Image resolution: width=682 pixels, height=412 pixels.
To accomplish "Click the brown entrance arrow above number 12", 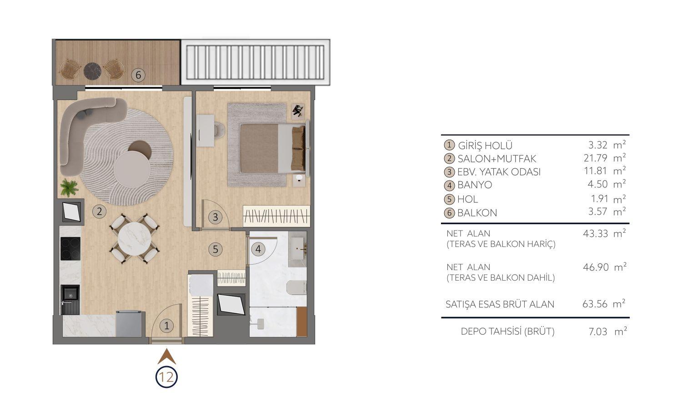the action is [166, 357].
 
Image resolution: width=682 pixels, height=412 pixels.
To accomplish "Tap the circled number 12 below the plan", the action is [166, 377].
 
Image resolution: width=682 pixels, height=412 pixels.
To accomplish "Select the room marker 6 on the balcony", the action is [138, 75].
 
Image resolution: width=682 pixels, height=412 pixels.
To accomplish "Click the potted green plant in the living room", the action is [69, 187].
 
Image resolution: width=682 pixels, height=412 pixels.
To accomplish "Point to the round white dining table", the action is [134, 238].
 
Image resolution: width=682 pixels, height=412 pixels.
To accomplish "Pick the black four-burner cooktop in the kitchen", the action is [70, 249].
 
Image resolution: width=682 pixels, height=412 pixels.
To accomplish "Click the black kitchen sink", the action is [70, 300].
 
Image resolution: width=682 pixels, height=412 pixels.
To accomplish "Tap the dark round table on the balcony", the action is [92, 71].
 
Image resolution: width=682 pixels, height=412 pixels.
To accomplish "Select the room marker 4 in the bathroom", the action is [258, 249].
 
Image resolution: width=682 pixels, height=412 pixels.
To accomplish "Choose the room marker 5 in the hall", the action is [215, 249].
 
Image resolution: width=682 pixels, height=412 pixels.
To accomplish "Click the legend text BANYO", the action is [475, 185].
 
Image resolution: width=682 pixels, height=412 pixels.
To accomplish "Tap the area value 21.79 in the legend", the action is [596, 158].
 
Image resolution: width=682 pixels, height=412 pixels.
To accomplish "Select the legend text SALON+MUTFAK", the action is [497, 159].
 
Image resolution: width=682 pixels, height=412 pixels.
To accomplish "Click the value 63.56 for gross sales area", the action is [595, 304].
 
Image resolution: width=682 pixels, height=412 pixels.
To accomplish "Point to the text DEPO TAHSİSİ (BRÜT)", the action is [508, 332].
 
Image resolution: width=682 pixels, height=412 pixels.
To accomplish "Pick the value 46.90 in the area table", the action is [596, 267].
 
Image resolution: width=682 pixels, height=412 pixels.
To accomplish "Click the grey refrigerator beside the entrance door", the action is [129, 323].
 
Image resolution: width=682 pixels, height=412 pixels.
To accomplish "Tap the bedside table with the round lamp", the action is [299, 180].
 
